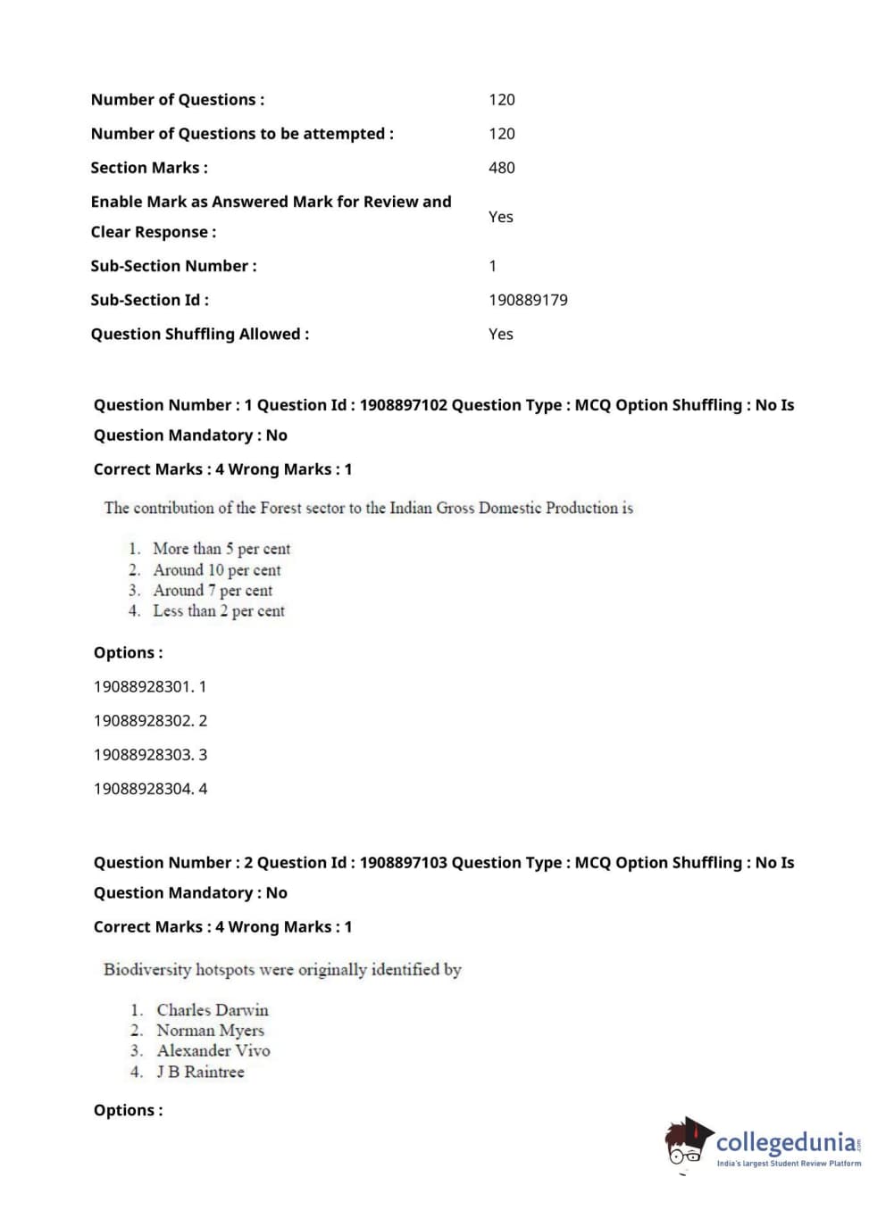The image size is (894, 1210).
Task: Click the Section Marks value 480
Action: pyautogui.click(x=501, y=168)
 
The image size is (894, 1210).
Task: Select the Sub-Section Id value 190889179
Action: pyautogui.click(x=528, y=300)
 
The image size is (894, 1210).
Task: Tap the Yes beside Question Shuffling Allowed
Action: pyautogui.click(x=500, y=334)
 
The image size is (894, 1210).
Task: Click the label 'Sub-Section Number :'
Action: pyautogui.click(x=173, y=266)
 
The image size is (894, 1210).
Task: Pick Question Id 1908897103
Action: pyautogui.click(x=402, y=863)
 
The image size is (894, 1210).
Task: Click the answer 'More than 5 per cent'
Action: pyautogui.click(x=221, y=549)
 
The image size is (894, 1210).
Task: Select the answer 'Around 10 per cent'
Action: pyautogui.click(x=216, y=570)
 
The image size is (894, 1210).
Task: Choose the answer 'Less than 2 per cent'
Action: pyautogui.click(x=219, y=611)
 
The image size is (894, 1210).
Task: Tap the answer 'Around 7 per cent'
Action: pyautogui.click(x=213, y=591)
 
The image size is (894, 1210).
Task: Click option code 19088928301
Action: pyautogui.click(x=143, y=687)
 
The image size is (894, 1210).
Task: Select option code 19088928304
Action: pyautogui.click(x=143, y=789)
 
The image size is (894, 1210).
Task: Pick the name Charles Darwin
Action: pyautogui.click(x=213, y=1010)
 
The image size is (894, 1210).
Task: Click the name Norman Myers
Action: pyautogui.click(x=211, y=1031)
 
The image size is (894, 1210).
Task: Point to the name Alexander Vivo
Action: pyautogui.click(x=213, y=1051)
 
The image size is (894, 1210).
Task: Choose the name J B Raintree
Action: pyautogui.click(x=200, y=1072)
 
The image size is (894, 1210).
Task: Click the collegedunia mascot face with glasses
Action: pyautogui.click(x=686, y=1145)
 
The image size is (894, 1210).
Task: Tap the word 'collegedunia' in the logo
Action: pyautogui.click(x=785, y=1142)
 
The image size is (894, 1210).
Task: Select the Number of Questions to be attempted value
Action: pyautogui.click(x=501, y=134)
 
